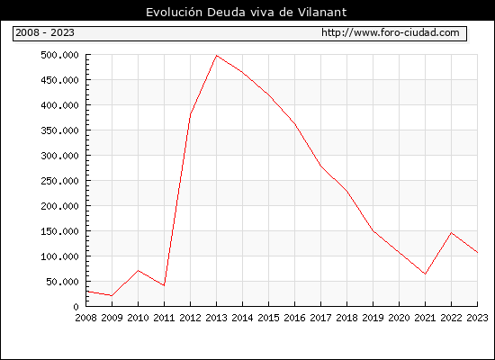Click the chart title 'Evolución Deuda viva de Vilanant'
pyautogui.click(x=247, y=13)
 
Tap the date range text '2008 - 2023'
pyautogui.click(x=45, y=32)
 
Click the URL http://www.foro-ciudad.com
pyautogui.click(x=391, y=32)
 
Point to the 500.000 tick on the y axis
pyautogui.click(x=59, y=55)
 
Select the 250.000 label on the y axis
pyautogui.click(x=59, y=181)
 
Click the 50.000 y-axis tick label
pyautogui.click(x=62, y=282)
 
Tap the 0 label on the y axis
pyautogui.click(x=76, y=307)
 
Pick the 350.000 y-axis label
pyautogui.click(x=59, y=130)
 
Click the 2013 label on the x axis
pyautogui.click(x=216, y=318)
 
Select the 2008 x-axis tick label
pyautogui.click(x=85, y=318)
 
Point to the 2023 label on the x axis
pyautogui.click(x=477, y=318)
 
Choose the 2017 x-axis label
pyautogui.click(x=320, y=318)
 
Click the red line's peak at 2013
pyautogui.click(x=216, y=56)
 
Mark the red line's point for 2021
pyautogui.click(x=425, y=274)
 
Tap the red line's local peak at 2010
pyautogui.click(x=138, y=270)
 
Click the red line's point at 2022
pyautogui.click(x=452, y=233)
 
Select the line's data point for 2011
pyautogui.click(x=164, y=285)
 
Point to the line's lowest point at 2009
pyautogui.click(x=112, y=295)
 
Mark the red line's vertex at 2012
pyautogui.click(x=191, y=114)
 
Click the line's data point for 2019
pyautogui.click(x=373, y=230)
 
